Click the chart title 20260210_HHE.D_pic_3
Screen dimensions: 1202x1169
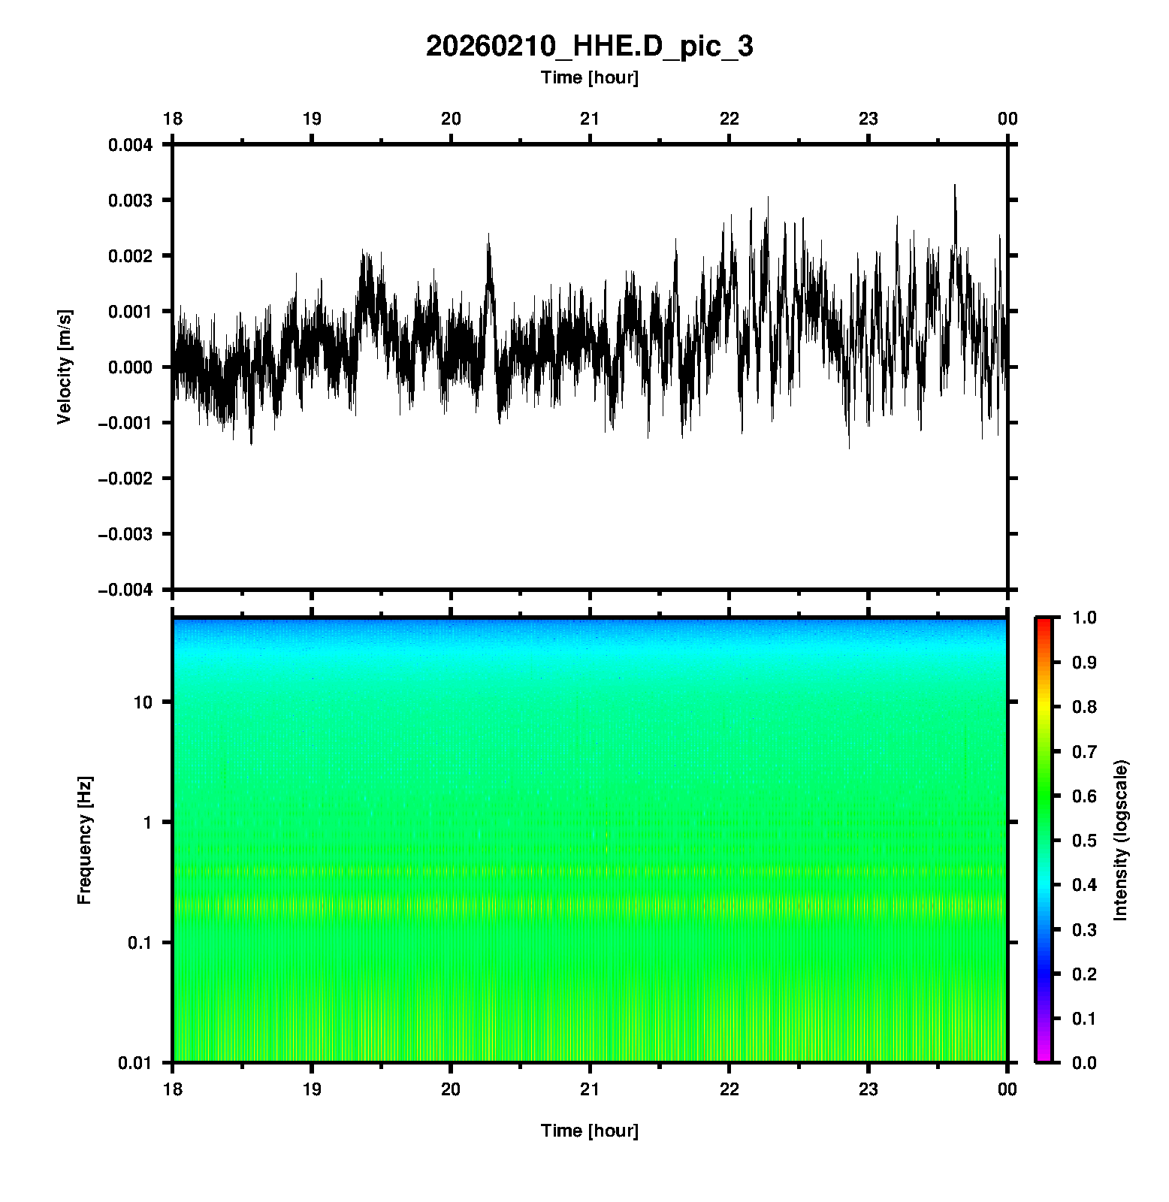point(589,47)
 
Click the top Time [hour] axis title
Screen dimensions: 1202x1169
point(589,77)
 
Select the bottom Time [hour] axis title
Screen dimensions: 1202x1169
point(589,1131)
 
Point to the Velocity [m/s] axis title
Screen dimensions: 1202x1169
point(65,367)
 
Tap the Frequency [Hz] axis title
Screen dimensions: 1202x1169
point(84,841)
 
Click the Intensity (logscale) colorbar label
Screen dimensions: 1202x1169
point(1121,840)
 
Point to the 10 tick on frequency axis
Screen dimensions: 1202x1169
point(142,702)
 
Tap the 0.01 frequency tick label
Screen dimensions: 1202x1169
point(135,1063)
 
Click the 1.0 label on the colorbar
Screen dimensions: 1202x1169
point(1086,618)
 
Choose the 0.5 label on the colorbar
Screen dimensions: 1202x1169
point(1086,840)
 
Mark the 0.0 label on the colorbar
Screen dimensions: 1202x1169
point(1086,1062)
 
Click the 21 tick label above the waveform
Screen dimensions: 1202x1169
point(590,119)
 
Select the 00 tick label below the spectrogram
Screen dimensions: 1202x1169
point(1007,1089)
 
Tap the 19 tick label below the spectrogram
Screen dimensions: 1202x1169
point(312,1089)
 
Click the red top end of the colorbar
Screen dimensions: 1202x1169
point(1044,621)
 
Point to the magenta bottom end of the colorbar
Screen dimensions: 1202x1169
point(1044,1059)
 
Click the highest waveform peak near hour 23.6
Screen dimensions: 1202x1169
point(955,185)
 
